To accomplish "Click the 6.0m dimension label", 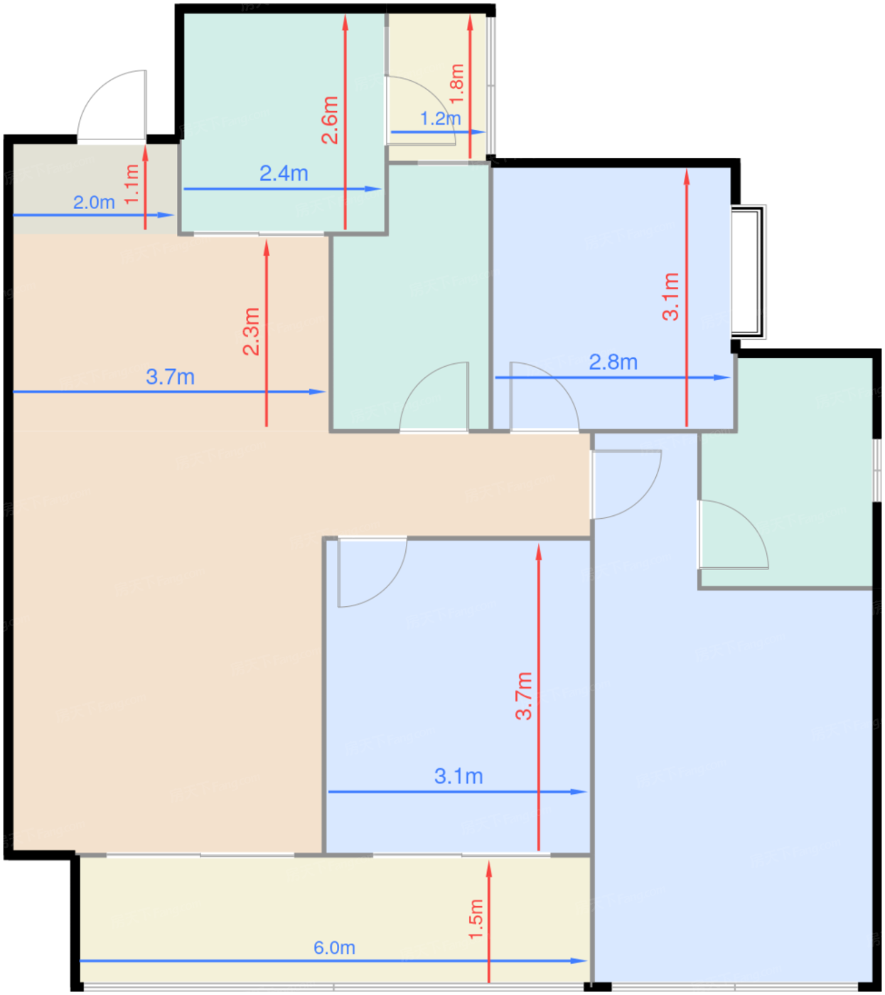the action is tap(334, 947).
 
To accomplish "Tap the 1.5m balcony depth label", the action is tap(476, 920).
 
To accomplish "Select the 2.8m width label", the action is tap(613, 362).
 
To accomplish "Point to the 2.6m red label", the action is tap(330, 120).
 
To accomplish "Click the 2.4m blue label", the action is tap(284, 173).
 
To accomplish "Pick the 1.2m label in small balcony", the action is tap(440, 119).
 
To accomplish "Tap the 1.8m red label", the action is tap(457, 83).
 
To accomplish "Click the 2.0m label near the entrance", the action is tap(94, 202).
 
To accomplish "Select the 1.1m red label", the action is tap(132, 184).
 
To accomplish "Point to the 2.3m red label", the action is tap(251, 331).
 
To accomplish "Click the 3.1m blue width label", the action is tap(458, 776).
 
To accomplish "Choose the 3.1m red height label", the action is tap(670, 296).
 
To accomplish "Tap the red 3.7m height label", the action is tap(523, 696).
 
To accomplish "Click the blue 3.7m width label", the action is tap(170, 377).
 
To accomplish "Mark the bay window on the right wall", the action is tap(748, 271).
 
